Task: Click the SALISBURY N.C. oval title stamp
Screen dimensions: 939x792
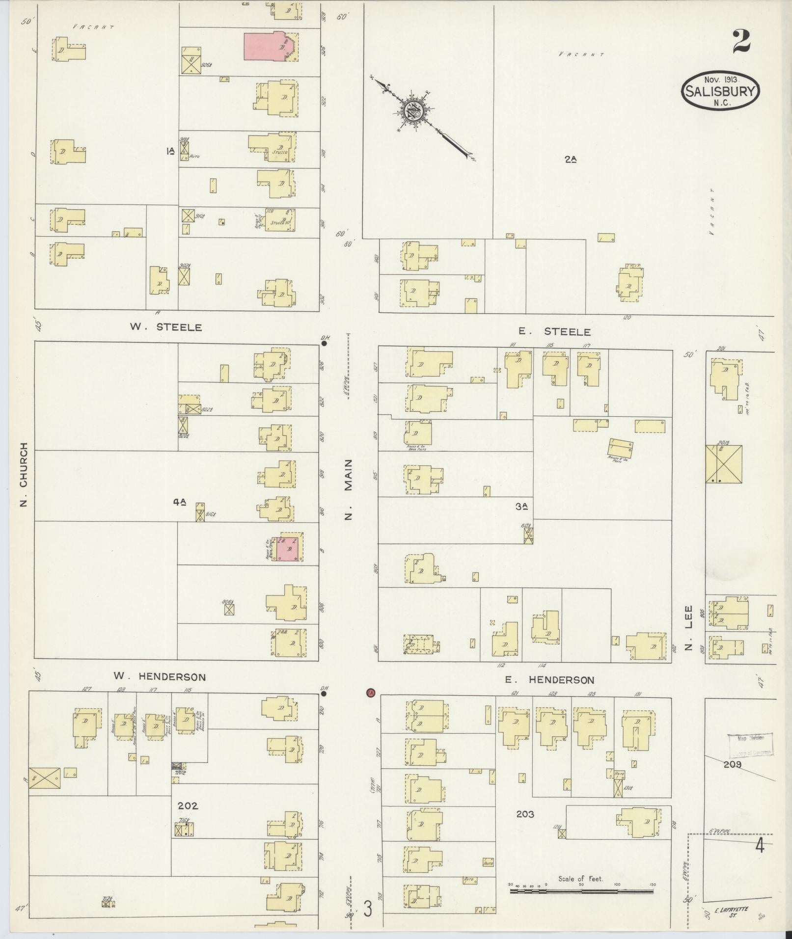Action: (720, 91)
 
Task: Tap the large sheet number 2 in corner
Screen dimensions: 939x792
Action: (741, 41)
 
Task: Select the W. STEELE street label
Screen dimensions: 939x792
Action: (165, 327)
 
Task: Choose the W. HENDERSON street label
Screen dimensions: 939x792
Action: (160, 677)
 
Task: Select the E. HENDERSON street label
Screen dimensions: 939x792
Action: (549, 680)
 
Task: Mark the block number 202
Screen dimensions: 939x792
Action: (188, 805)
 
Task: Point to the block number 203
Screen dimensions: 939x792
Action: (525, 814)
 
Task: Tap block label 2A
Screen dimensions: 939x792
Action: (570, 159)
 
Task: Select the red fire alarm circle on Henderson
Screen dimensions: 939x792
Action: (371, 693)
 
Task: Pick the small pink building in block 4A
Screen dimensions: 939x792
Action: (288, 548)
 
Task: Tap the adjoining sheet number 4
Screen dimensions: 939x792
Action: (760, 847)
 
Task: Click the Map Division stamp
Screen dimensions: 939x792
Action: (750, 745)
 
